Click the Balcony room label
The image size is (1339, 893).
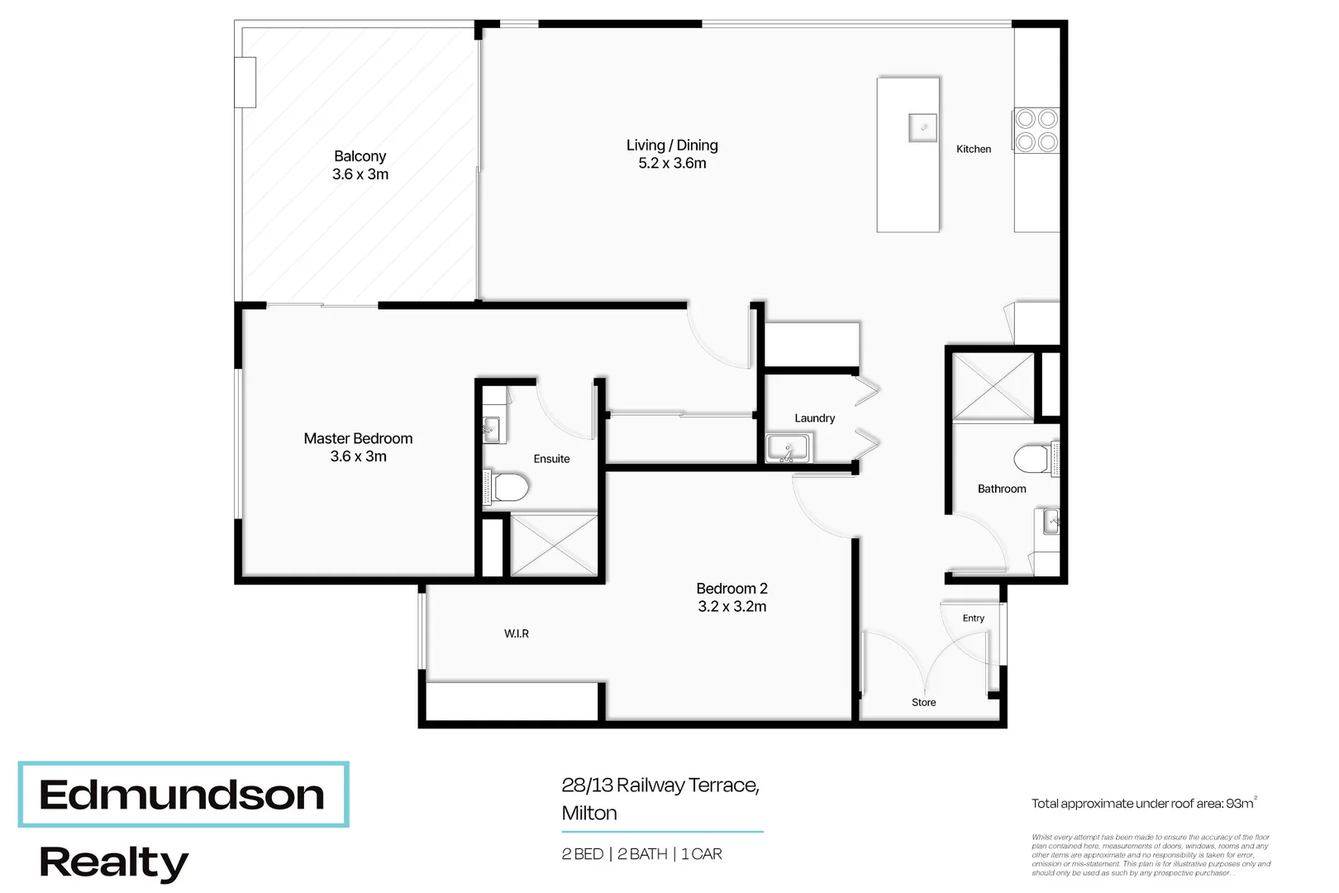pos(360,156)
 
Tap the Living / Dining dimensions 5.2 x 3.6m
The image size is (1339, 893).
pos(672,164)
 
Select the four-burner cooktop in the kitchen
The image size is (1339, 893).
pos(1036,131)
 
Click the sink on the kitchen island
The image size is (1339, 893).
pos(922,128)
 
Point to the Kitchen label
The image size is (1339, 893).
pos(973,149)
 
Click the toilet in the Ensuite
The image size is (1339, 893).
pos(508,487)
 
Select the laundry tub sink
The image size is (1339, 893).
pos(788,448)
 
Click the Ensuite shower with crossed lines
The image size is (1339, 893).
pos(554,545)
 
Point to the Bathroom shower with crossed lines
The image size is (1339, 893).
pos(993,386)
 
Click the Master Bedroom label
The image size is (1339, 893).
pos(358,439)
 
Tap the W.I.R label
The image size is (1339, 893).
pos(517,633)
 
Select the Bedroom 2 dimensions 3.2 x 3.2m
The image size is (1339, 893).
pos(731,607)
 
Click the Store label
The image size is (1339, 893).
pos(923,702)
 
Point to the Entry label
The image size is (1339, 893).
pos(973,618)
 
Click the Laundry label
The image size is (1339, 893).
pos(814,418)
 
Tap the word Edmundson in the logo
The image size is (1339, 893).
pos(182,795)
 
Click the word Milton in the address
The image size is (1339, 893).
pos(589,814)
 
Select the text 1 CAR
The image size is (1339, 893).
pos(701,854)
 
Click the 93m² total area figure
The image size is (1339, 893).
pos(1241,803)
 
